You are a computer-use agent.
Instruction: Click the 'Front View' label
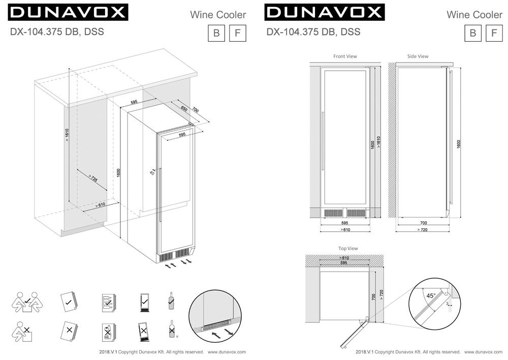(x=345, y=56)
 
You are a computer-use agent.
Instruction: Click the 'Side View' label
(x=418, y=56)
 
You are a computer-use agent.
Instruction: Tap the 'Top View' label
(x=348, y=248)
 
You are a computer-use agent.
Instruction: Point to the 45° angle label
(x=431, y=295)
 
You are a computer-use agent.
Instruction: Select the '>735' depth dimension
(x=92, y=178)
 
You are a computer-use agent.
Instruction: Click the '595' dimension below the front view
(x=344, y=223)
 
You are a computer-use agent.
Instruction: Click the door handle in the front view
(x=323, y=145)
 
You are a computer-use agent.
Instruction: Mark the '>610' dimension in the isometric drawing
(x=100, y=205)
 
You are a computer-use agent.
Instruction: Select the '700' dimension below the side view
(x=423, y=223)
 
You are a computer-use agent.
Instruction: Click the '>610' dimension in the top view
(x=344, y=258)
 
